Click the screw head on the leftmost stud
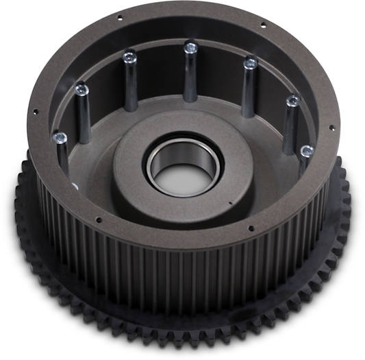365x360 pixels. pyautogui.click(x=60, y=138)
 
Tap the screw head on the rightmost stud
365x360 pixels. pyautogui.click(x=307, y=149)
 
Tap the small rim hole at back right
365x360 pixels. pyautogui.click(x=263, y=25)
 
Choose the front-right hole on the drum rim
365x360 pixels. pyautogui.click(x=251, y=228)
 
